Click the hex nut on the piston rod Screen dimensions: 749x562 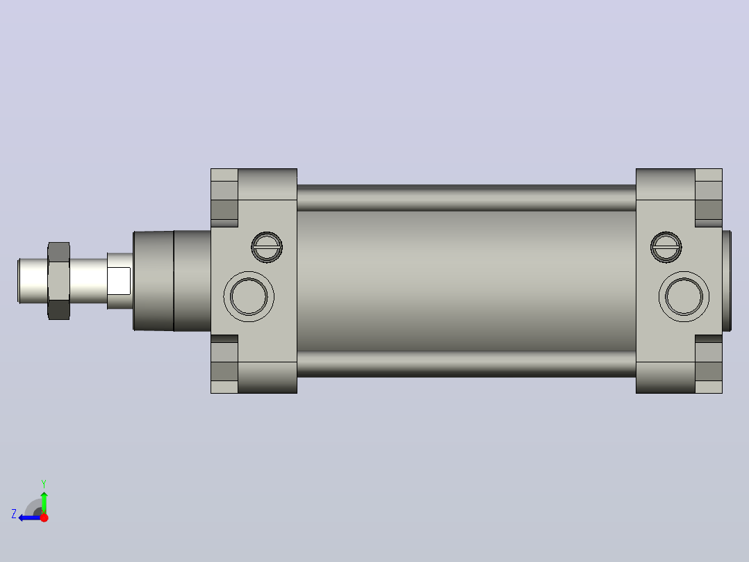(59, 281)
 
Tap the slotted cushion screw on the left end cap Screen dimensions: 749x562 (267, 248)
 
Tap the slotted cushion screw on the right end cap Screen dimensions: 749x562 (666, 248)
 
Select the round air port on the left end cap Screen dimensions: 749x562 (249, 296)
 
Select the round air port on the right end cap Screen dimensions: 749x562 (684, 296)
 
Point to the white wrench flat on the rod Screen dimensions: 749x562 (119, 281)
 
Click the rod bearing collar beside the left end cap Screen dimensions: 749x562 (172, 281)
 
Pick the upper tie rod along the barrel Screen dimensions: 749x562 (466, 198)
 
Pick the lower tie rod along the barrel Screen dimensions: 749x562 (466, 364)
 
